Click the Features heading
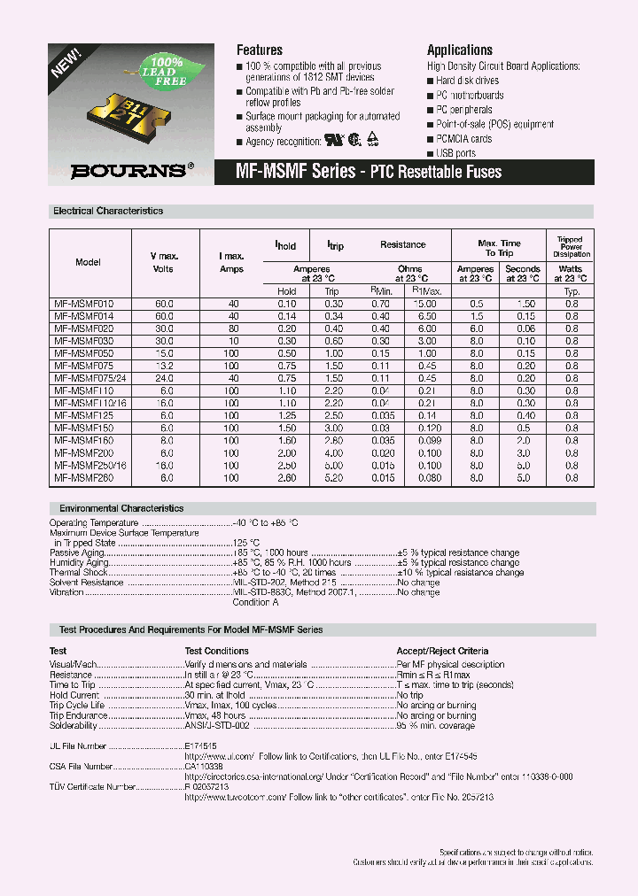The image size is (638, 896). click(260, 50)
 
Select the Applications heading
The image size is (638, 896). click(460, 50)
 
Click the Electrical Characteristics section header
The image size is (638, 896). click(108, 212)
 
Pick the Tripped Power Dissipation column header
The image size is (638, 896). click(570, 247)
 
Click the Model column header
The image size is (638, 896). click(89, 262)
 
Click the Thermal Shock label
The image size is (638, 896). click(79, 572)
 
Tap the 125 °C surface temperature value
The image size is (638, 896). click(246, 543)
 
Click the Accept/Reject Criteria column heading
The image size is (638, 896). click(442, 651)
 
